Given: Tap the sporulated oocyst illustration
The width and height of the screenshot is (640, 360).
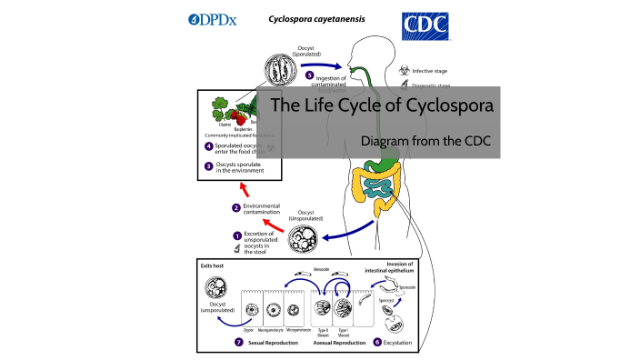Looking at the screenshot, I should (282, 71).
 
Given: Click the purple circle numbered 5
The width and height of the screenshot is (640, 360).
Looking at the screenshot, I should (309, 75).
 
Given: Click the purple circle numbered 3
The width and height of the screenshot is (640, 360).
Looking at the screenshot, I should (209, 165).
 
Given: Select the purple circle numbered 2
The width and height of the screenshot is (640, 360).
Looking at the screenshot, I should (235, 208).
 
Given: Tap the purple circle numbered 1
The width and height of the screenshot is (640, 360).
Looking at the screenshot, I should (235, 236).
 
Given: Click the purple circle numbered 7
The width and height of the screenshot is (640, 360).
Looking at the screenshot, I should (238, 343).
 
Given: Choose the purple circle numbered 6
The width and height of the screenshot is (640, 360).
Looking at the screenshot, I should (375, 343).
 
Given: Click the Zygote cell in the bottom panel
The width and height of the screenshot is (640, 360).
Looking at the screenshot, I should (251, 309).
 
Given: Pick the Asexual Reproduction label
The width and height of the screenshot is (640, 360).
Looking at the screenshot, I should (333, 343).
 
